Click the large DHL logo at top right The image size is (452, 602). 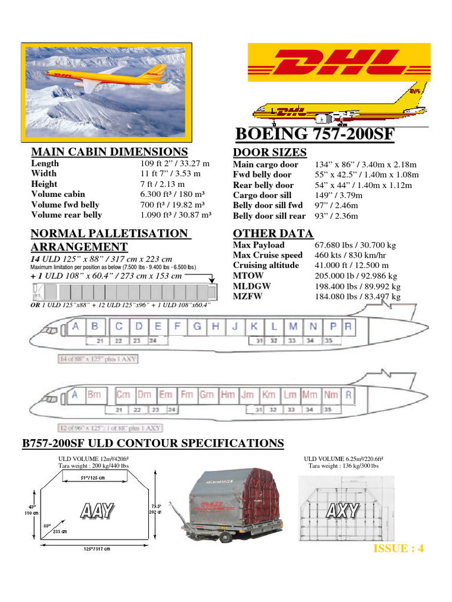pyautogui.click(x=337, y=62)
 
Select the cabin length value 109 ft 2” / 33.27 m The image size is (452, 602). pyautogui.click(x=175, y=163)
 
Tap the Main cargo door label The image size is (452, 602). pyautogui.click(x=265, y=165)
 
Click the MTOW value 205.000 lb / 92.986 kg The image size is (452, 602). pyautogui.click(x=356, y=276)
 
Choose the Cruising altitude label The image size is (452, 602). pyautogui.click(x=266, y=265)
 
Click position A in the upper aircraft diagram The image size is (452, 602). pyautogui.click(x=75, y=326)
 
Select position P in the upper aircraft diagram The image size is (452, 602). pyautogui.click(x=333, y=326)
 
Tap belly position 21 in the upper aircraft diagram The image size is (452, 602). pyautogui.click(x=101, y=340)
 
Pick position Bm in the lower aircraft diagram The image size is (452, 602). pyautogui.click(x=94, y=395)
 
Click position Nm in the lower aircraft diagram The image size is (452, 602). pyautogui.click(x=331, y=395)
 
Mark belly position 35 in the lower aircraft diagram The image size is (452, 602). pyautogui.click(x=328, y=409)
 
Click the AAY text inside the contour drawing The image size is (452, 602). pyautogui.click(x=97, y=510)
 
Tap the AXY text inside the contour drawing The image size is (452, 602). pyautogui.click(x=342, y=510)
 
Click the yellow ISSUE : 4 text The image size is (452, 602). pyautogui.click(x=398, y=549)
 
